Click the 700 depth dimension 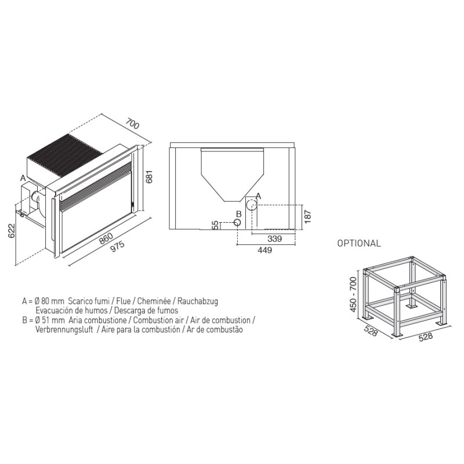click(132, 124)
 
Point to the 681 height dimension click(149, 177)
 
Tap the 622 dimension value click(11, 231)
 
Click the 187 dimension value click(308, 216)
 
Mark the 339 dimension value click(274, 238)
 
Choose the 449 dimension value click(264, 250)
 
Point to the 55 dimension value click(216, 225)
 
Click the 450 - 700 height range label click(353, 295)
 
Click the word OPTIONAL click(359, 243)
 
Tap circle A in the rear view click(252, 205)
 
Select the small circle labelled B click(237, 222)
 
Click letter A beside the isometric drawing click(23, 178)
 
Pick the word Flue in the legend click(123, 301)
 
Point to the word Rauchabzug click(198, 302)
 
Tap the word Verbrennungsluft click(64, 329)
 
